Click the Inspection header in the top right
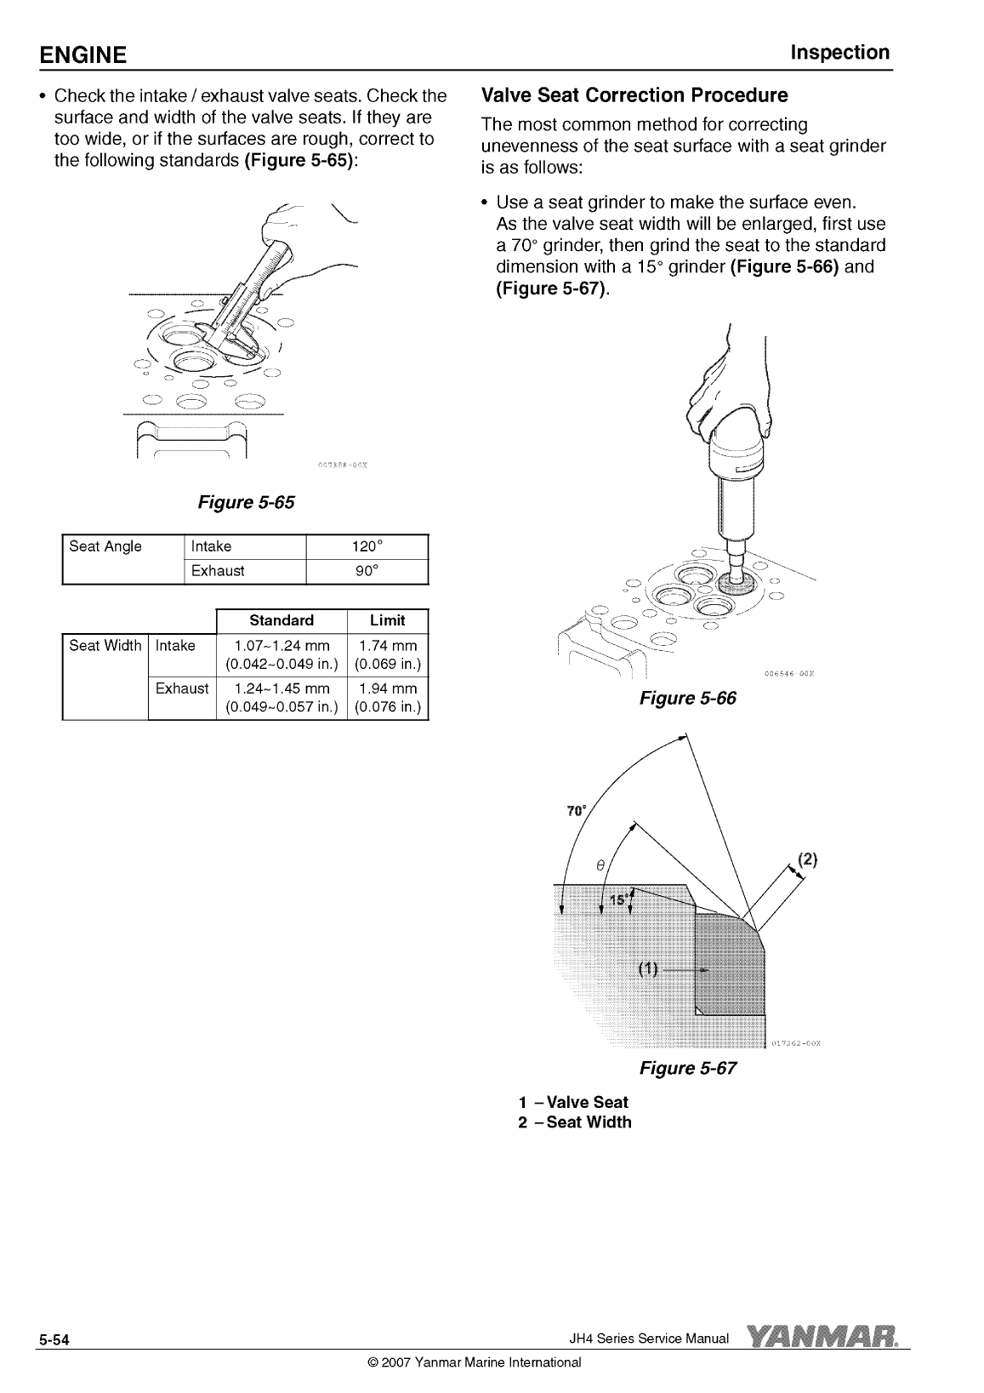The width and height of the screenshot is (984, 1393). click(x=839, y=53)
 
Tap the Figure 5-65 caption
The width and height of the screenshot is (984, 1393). click(x=246, y=502)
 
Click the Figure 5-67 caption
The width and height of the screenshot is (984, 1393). click(x=688, y=1068)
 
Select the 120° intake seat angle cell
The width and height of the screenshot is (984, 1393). click(x=367, y=546)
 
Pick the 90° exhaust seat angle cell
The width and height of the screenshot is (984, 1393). click(x=367, y=571)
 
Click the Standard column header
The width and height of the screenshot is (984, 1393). click(x=282, y=620)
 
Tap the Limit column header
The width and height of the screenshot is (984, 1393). click(x=388, y=620)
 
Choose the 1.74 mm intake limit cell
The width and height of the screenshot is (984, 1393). click(x=388, y=654)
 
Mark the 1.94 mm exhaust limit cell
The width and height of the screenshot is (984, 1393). click(x=388, y=697)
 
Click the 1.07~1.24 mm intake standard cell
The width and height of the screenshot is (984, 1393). click(x=282, y=654)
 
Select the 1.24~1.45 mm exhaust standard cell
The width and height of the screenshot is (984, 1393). click(x=282, y=697)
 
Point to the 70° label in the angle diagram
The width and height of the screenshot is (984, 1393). click(x=576, y=810)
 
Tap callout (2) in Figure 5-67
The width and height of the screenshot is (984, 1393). click(x=807, y=859)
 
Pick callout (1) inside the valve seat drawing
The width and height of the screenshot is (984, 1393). click(x=648, y=969)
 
